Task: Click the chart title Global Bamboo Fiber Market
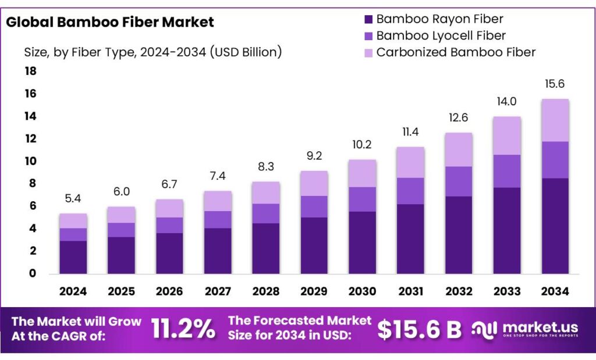[x=110, y=23]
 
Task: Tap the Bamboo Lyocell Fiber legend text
[x=441, y=35]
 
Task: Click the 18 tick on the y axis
[x=30, y=71]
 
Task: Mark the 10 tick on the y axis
[x=30, y=161]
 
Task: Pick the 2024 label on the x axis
[x=73, y=291]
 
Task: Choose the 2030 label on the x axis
[x=362, y=291]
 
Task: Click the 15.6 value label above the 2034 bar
[x=555, y=84]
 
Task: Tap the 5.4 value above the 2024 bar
[x=73, y=199]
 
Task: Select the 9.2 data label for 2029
[x=314, y=156]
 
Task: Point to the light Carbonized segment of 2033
[x=506, y=136]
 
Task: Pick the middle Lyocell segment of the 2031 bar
[x=410, y=191]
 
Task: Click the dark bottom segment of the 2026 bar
[x=169, y=253]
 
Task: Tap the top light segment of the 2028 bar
[x=265, y=193]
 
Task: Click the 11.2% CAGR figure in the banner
[x=183, y=329]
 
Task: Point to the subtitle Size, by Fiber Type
[x=153, y=52]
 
